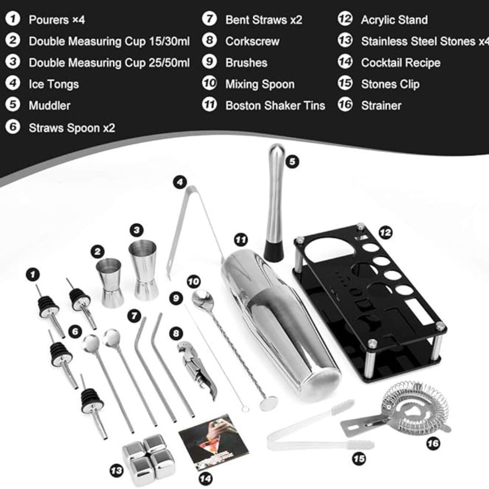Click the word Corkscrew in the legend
pos(252,41)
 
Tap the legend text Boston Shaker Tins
pos(275,105)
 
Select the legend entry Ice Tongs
pos(53,84)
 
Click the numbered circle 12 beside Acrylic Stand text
pos(345,19)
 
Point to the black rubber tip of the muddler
pos(273,250)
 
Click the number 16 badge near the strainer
pos(433,443)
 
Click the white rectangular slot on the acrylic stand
pos(419,311)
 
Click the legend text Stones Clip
pos(390,84)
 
